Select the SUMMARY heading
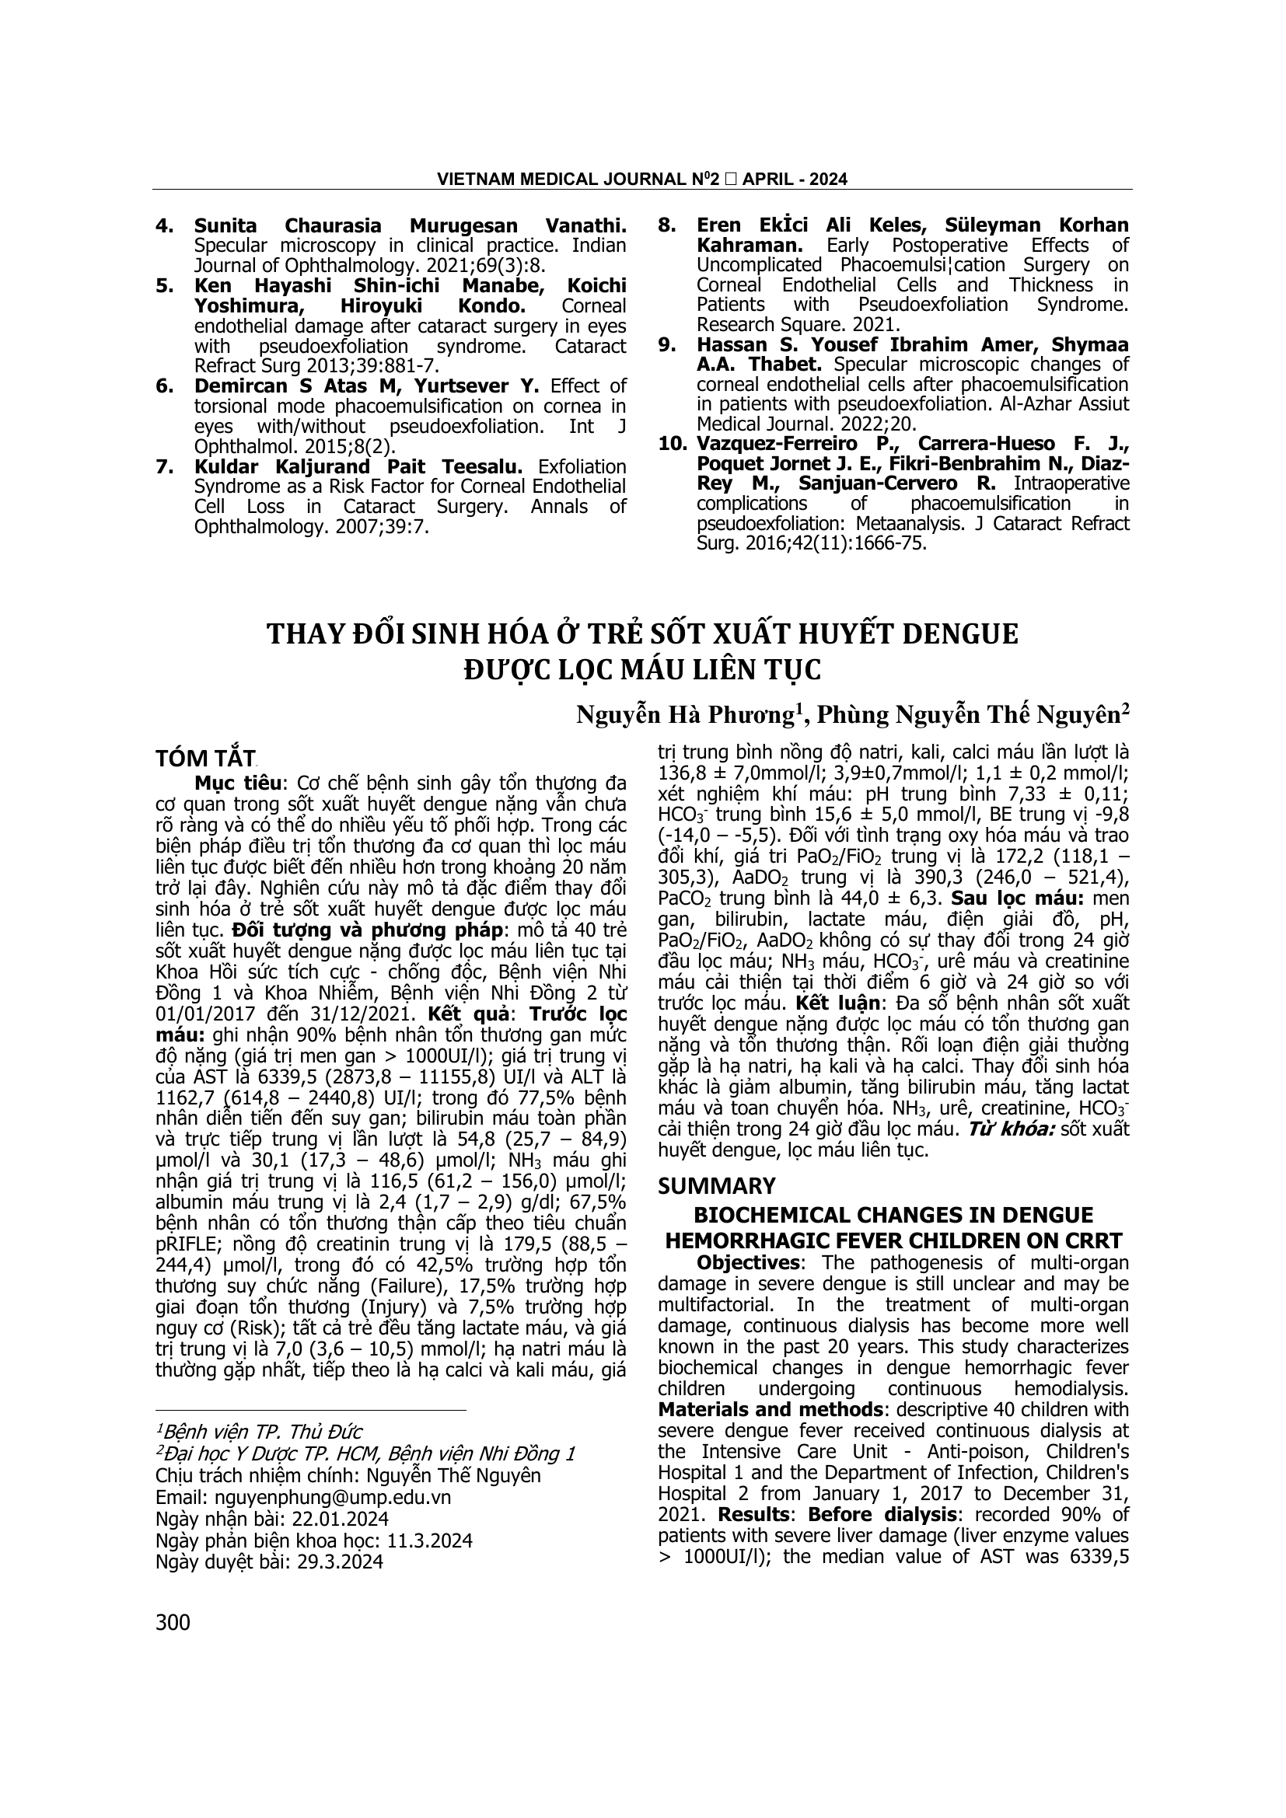click(717, 1185)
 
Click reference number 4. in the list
click(165, 225)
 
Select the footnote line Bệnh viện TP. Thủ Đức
click(261, 1432)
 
